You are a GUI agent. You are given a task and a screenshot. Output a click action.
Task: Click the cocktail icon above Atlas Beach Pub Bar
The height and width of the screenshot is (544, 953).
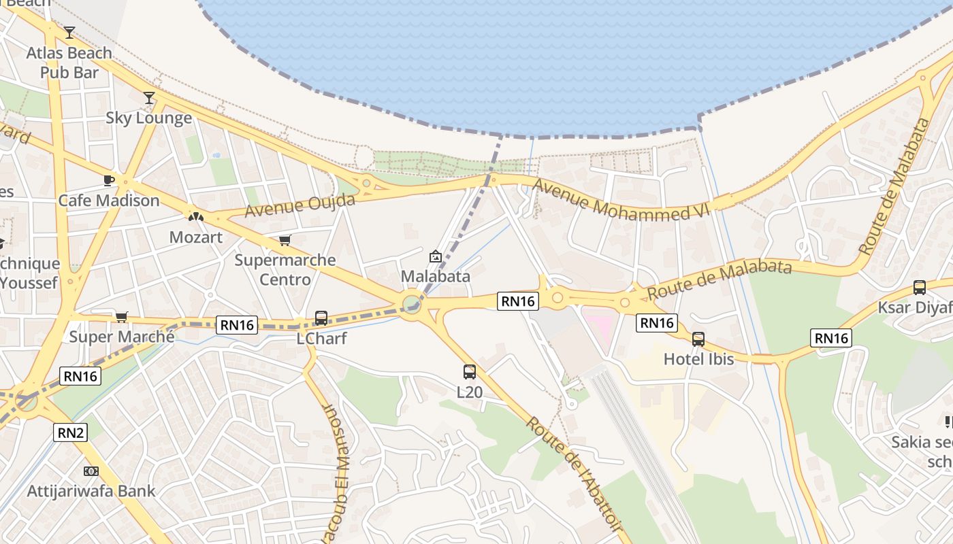pyautogui.click(x=69, y=32)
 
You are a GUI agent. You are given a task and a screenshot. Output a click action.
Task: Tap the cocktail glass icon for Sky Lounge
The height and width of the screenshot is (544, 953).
pyautogui.click(x=149, y=98)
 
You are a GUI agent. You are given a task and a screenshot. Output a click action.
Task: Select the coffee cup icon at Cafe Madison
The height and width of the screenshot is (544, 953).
pyautogui.click(x=108, y=180)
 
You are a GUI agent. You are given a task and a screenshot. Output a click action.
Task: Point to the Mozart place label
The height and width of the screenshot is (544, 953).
pyautogui.click(x=195, y=237)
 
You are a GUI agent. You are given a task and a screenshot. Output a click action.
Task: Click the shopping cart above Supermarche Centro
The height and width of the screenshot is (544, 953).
pyautogui.click(x=285, y=240)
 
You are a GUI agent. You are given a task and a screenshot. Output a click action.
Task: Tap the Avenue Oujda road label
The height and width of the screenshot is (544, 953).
pyautogui.click(x=300, y=205)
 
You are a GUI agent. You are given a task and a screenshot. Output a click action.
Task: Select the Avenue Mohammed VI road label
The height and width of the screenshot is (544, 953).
pyautogui.click(x=621, y=200)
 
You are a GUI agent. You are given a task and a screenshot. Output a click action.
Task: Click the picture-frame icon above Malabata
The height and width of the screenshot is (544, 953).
pyautogui.click(x=436, y=256)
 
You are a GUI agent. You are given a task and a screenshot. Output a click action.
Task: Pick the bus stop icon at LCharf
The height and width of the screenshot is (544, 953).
pyautogui.click(x=321, y=318)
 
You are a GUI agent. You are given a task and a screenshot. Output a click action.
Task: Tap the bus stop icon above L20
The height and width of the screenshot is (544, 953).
pyautogui.click(x=470, y=371)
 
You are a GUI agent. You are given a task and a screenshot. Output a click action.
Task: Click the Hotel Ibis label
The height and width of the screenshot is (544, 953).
pyautogui.click(x=699, y=359)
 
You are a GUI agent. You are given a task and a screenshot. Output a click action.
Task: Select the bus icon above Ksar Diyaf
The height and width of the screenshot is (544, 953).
pyautogui.click(x=920, y=288)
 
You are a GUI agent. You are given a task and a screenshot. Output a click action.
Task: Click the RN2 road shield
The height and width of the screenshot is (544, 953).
pyautogui.click(x=71, y=431)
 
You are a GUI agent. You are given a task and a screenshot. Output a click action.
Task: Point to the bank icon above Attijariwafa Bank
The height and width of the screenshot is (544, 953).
pyautogui.click(x=91, y=471)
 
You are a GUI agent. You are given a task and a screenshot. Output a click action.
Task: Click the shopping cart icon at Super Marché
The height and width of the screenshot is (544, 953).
pyautogui.click(x=122, y=316)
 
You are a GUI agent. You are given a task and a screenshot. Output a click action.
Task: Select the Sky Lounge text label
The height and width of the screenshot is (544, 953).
pyautogui.click(x=149, y=118)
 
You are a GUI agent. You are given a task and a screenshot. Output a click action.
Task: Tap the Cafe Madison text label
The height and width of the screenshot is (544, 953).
pyautogui.click(x=109, y=201)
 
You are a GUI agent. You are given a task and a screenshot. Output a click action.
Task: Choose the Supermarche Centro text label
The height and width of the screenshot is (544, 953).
pyautogui.click(x=285, y=269)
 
